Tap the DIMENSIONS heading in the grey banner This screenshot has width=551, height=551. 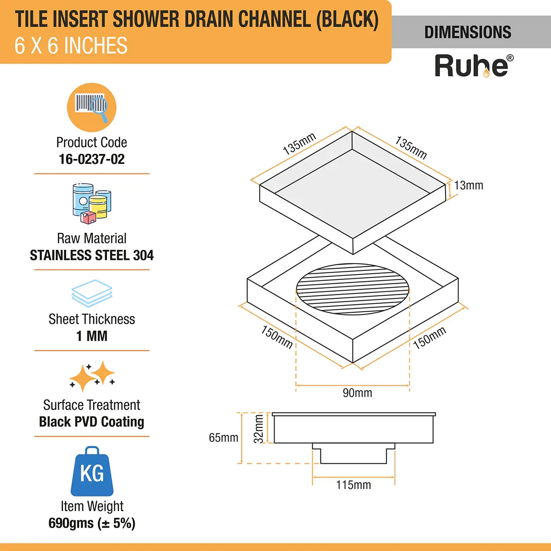point(467,32)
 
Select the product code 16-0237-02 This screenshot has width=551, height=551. point(92,159)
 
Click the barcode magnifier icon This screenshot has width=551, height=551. point(92,107)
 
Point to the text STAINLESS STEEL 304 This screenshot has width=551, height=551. point(92,255)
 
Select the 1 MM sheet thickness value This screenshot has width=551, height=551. point(92,336)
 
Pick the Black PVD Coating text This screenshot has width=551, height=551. point(92,422)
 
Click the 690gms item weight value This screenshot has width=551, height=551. point(92,523)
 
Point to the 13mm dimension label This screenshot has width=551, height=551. point(469,186)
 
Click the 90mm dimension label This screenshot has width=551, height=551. point(357,393)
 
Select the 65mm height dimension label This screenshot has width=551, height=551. point(223,438)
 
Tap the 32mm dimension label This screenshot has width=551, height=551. point(259,429)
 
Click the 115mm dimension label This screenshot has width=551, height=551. point(353,485)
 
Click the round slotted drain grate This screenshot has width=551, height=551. point(353,289)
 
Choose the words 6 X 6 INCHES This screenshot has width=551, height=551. point(71,46)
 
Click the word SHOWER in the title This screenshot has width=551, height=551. point(146,19)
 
